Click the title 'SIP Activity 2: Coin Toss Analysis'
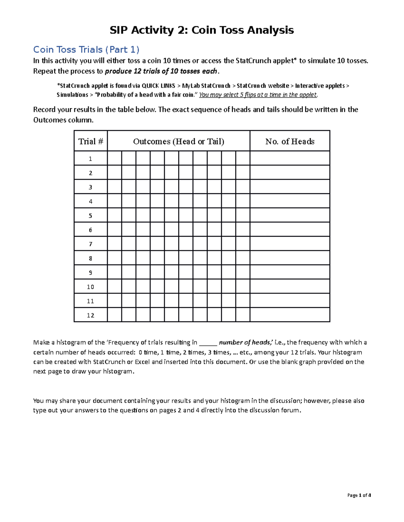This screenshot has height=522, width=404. [202, 30]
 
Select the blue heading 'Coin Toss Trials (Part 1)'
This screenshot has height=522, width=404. [86, 50]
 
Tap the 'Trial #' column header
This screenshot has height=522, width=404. [91, 141]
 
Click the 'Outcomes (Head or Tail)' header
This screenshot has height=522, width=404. [178, 141]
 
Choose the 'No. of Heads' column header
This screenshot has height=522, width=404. [290, 141]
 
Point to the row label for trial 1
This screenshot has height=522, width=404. [91, 159]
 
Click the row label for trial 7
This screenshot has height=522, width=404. [91, 244]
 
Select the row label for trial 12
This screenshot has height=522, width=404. [91, 315]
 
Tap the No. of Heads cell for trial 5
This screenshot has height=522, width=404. [290, 215]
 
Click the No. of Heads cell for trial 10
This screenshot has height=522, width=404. [290, 287]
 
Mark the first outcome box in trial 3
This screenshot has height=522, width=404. [114, 187]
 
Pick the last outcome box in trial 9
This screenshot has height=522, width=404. [243, 272]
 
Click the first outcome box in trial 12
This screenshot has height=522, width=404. [114, 315]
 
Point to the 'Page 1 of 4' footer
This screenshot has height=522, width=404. [359, 495]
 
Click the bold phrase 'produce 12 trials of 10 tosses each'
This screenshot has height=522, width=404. [162, 71]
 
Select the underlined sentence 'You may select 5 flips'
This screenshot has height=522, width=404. [258, 95]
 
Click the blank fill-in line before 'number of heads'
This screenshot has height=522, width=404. [208, 343]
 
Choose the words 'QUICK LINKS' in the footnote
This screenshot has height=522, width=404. [158, 86]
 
